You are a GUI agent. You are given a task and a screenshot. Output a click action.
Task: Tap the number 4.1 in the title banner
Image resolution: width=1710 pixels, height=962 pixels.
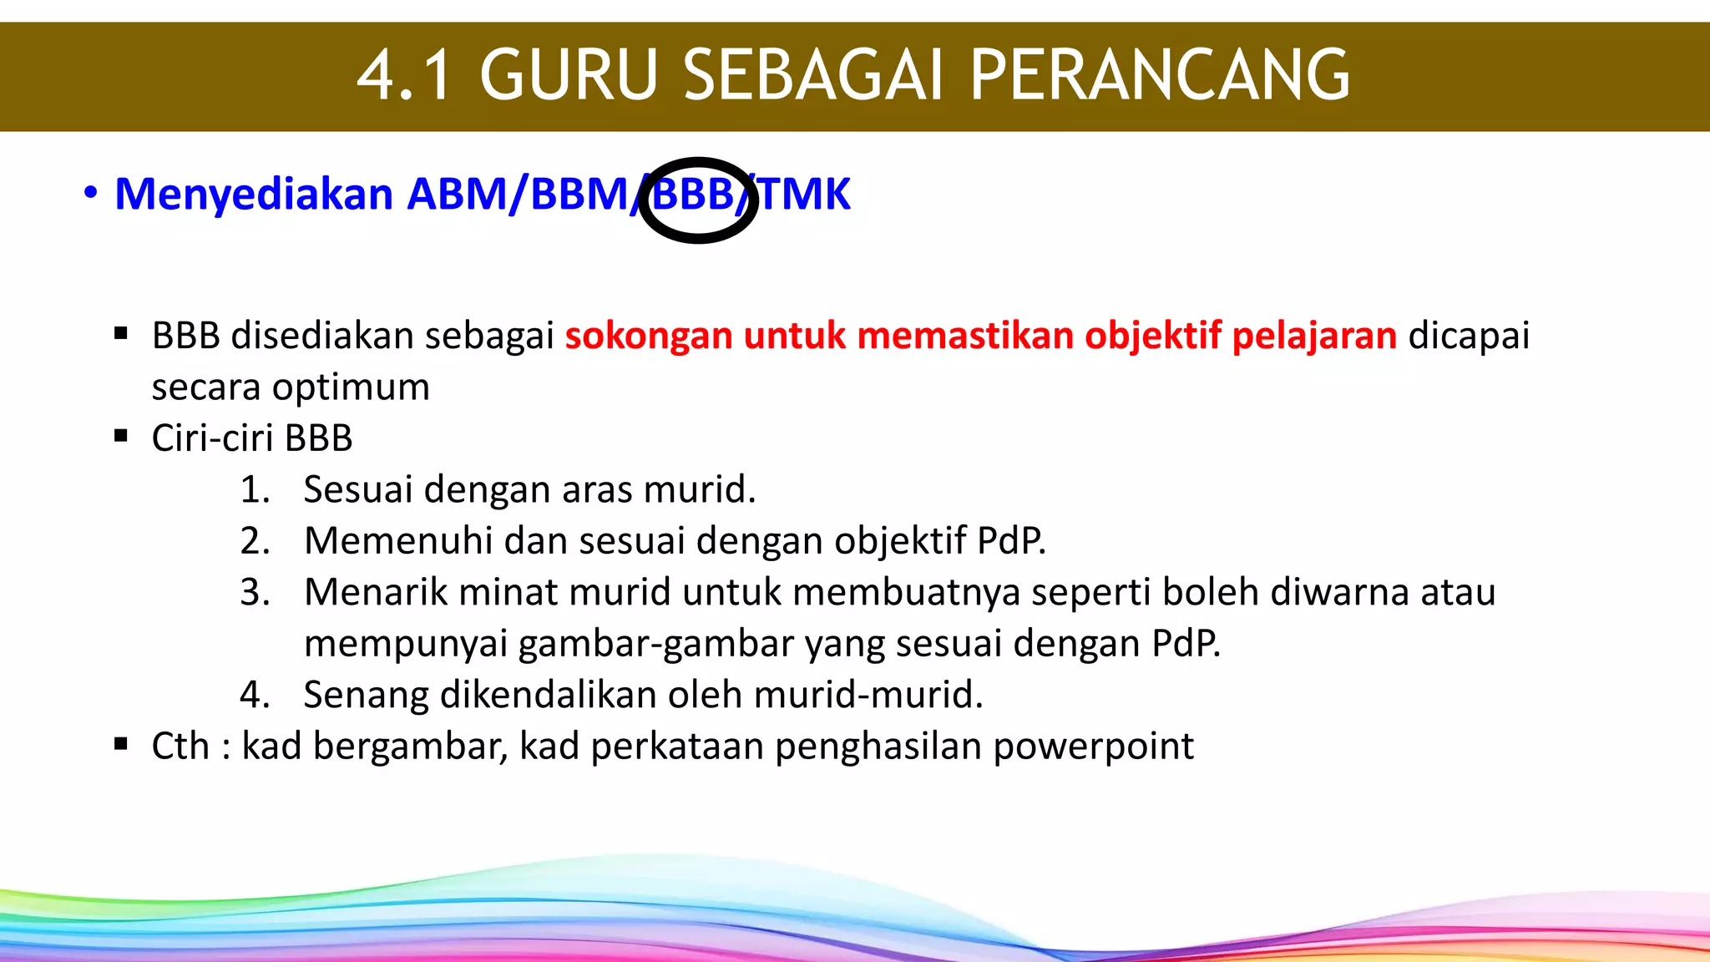pyautogui.click(x=404, y=75)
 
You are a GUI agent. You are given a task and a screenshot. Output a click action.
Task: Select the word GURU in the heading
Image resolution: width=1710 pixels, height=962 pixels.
pyautogui.click(x=569, y=75)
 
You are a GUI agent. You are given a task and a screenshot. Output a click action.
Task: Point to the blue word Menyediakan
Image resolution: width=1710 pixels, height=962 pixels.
pyautogui.click(x=254, y=195)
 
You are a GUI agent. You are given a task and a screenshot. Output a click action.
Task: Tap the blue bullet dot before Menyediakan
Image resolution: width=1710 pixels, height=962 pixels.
pyautogui.click(x=90, y=194)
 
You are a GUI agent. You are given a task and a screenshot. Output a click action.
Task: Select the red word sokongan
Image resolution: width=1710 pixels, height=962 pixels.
pyautogui.click(x=649, y=336)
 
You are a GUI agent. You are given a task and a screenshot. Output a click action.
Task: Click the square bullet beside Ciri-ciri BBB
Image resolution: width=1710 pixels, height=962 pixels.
pyautogui.click(x=121, y=436)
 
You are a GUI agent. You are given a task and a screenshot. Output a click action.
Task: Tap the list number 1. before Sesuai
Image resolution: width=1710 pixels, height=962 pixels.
pyautogui.click(x=255, y=489)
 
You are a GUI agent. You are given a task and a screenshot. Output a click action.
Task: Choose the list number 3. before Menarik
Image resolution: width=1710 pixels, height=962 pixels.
pyautogui.click(x=255, y=592)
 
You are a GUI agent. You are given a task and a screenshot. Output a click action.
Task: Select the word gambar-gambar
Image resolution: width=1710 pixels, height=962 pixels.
pyautogui.click(x=655, y=644)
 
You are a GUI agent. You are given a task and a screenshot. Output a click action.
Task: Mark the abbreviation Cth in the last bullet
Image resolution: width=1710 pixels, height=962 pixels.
pyautogui.click(x=180, y=747)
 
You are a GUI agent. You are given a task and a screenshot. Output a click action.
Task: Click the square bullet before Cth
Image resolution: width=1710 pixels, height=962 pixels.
pyautogui.click(x=121, y=744)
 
